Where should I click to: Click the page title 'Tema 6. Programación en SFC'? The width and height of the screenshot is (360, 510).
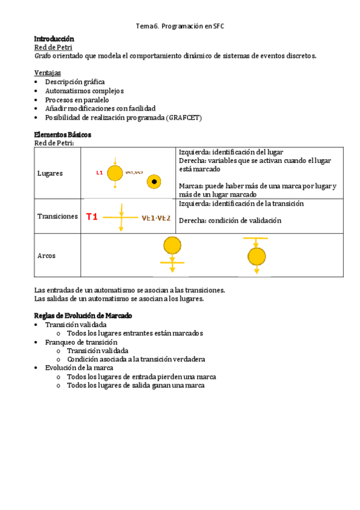tap(180, 26)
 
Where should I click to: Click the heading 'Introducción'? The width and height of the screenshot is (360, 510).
tap(54, 38)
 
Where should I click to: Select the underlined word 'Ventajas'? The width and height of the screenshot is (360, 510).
tap(47, 73)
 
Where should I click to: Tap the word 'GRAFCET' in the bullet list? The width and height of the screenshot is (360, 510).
tap(185, 118)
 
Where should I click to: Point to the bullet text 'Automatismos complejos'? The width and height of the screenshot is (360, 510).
tap(84, 91)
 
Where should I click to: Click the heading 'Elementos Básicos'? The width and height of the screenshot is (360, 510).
tap(63, 135)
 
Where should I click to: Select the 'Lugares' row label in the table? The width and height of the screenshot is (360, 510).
tap(50, 173)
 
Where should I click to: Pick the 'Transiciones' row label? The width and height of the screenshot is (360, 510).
tap(58, 217)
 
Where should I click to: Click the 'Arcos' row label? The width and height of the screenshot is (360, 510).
tap(46, 256)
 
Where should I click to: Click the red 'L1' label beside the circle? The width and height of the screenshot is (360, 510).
tap(100, 173)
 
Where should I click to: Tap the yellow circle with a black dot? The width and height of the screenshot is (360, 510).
tap(154, 181)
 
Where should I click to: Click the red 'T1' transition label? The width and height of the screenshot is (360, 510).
tap(92, 217)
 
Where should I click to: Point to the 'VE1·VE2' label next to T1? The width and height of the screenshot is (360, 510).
tap(156, 218)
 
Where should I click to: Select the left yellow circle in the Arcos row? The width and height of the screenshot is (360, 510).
tap(172, 245)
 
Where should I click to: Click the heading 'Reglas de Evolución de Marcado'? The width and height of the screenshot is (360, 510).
tap(83, 316)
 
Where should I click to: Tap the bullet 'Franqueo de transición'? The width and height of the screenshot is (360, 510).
tap(81, 342)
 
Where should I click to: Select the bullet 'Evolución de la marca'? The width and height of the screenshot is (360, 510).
tap(79, 368)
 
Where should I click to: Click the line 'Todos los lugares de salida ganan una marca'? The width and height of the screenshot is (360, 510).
tap(136, 386)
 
